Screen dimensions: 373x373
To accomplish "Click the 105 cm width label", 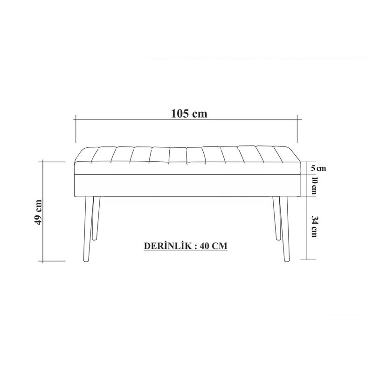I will pos(188,114).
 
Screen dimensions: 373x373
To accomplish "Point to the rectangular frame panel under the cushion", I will pos(186,184).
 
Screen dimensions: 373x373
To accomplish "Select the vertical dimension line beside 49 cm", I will pos(43,211).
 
